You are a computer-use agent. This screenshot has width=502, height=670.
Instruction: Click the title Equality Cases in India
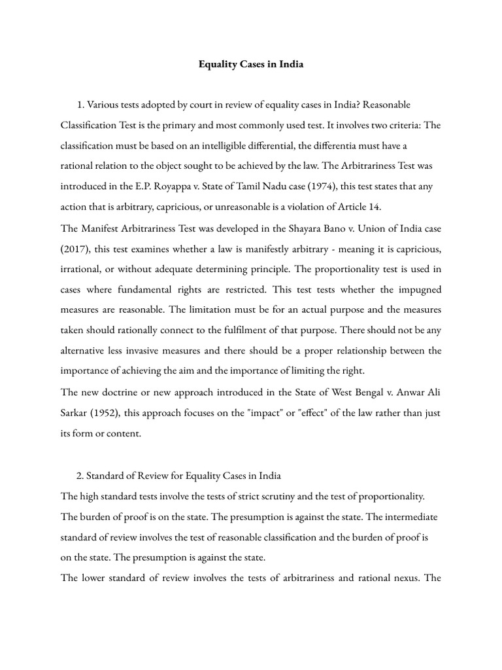click(251, 65)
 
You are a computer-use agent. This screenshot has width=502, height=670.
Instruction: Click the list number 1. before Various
click(80, 105)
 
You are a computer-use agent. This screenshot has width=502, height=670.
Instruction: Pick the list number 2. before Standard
click(80, 474)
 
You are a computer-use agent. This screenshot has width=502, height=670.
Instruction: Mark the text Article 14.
click(357, 207)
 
